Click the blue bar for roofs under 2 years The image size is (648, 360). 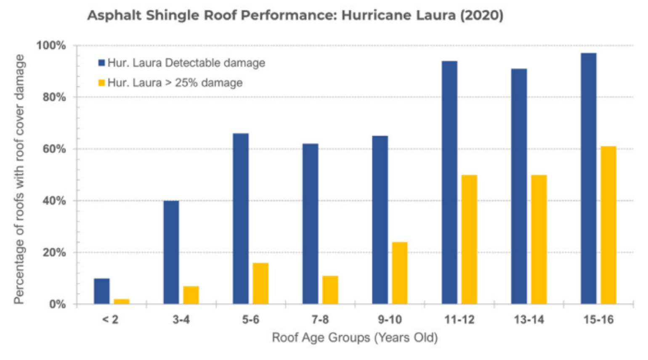pyautogui.click(x=101, y=291)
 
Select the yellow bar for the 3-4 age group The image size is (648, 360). pyautogui.click(x=191, y=295)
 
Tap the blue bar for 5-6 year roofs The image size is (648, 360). pyautogui.click(x=241, y=219)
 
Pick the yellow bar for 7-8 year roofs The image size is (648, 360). pyautogui.click(x=330, y=290)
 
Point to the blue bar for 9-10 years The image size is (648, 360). pyautogui.click(x=380, y=220)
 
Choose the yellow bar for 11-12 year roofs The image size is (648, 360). pyautogui.click(x=469, y=239)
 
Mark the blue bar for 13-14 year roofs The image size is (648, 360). pyautogui.click(x=519, y=186)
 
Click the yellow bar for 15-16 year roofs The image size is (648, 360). pyautogui.click(x=608, y=225)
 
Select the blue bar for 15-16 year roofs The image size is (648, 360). pyautogui.click(x=589, y=178)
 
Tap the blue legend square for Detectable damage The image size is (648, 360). pyautogui.click(x=101, y=63)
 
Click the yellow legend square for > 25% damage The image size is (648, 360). pyautogui.click(x=101, y=83)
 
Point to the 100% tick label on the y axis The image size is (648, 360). pyautogui.click(x=51, y=45)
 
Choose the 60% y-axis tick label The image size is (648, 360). pyautogui.click(x=54, y=149)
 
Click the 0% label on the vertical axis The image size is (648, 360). pyautogui.click(x=57, y=304)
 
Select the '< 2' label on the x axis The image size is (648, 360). pyautogui.click(x=110, y=320)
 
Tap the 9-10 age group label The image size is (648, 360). pyautogui.click(x=390, y=320)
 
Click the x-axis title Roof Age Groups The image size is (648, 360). pyautogui.click(x=355, y=338)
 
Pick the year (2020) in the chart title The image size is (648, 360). pyautogui.click(x=481, y=16)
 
